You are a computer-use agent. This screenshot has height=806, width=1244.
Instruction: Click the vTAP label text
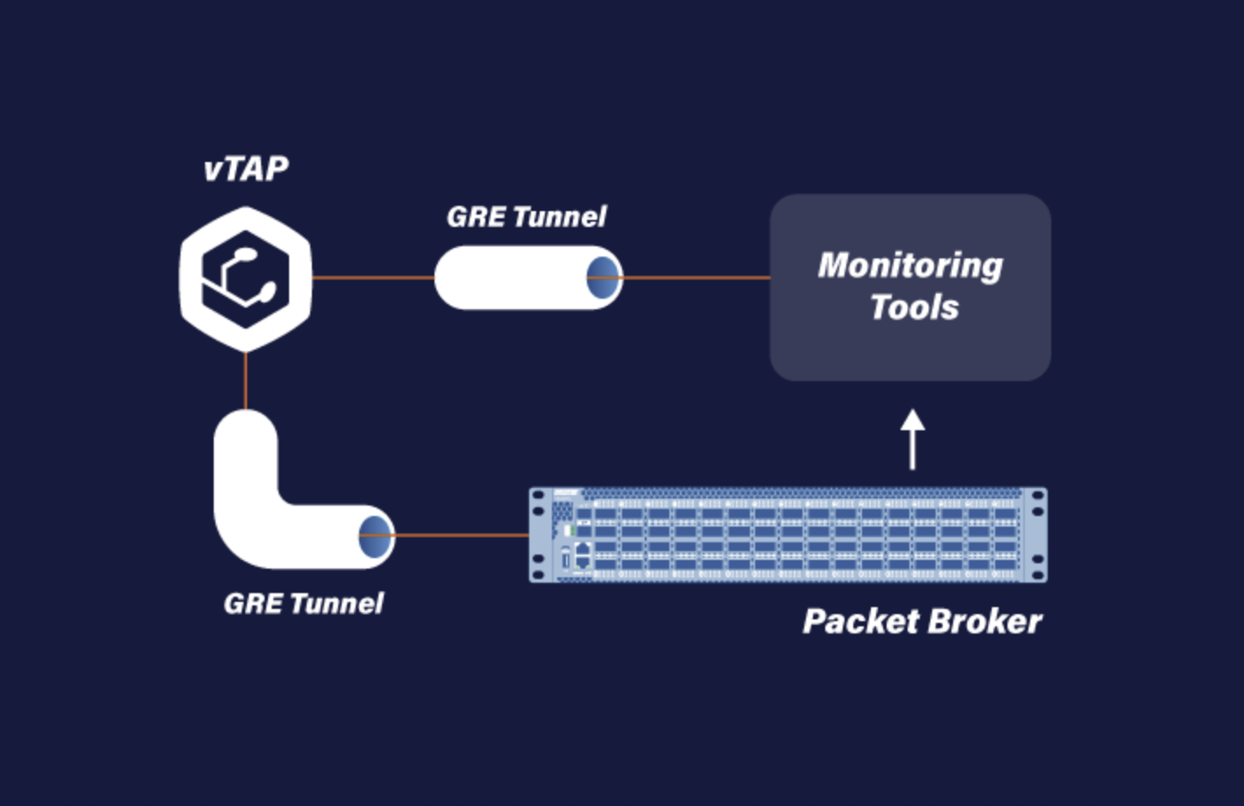coord(245,168)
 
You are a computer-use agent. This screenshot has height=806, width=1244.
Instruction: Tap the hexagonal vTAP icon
coord(245,279)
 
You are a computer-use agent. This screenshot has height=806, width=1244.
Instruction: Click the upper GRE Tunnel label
coord(526,216)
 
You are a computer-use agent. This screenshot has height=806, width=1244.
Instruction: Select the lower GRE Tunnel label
coord(303,603)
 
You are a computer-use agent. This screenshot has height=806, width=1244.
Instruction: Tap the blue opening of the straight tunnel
coord(604,278)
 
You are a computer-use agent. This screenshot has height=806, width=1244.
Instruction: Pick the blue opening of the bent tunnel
coord(376,535)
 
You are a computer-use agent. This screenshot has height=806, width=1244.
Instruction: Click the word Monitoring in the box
coord(910,265)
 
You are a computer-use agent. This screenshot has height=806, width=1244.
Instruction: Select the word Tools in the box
coord(914,308)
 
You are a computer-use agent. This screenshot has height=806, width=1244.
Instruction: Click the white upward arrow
coord(913,438)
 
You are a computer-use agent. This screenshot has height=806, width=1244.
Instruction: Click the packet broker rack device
coord(788,535)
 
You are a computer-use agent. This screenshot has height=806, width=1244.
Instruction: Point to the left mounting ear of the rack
coord(539,535)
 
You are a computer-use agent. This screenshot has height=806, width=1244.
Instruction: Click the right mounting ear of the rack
coord(1037,535)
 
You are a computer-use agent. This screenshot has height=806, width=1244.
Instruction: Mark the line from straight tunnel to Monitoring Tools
coord(696,278)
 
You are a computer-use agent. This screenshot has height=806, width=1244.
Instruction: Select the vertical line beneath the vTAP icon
coord(245,381)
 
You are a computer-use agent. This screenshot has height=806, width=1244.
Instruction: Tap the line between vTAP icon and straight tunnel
coord(372,278)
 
